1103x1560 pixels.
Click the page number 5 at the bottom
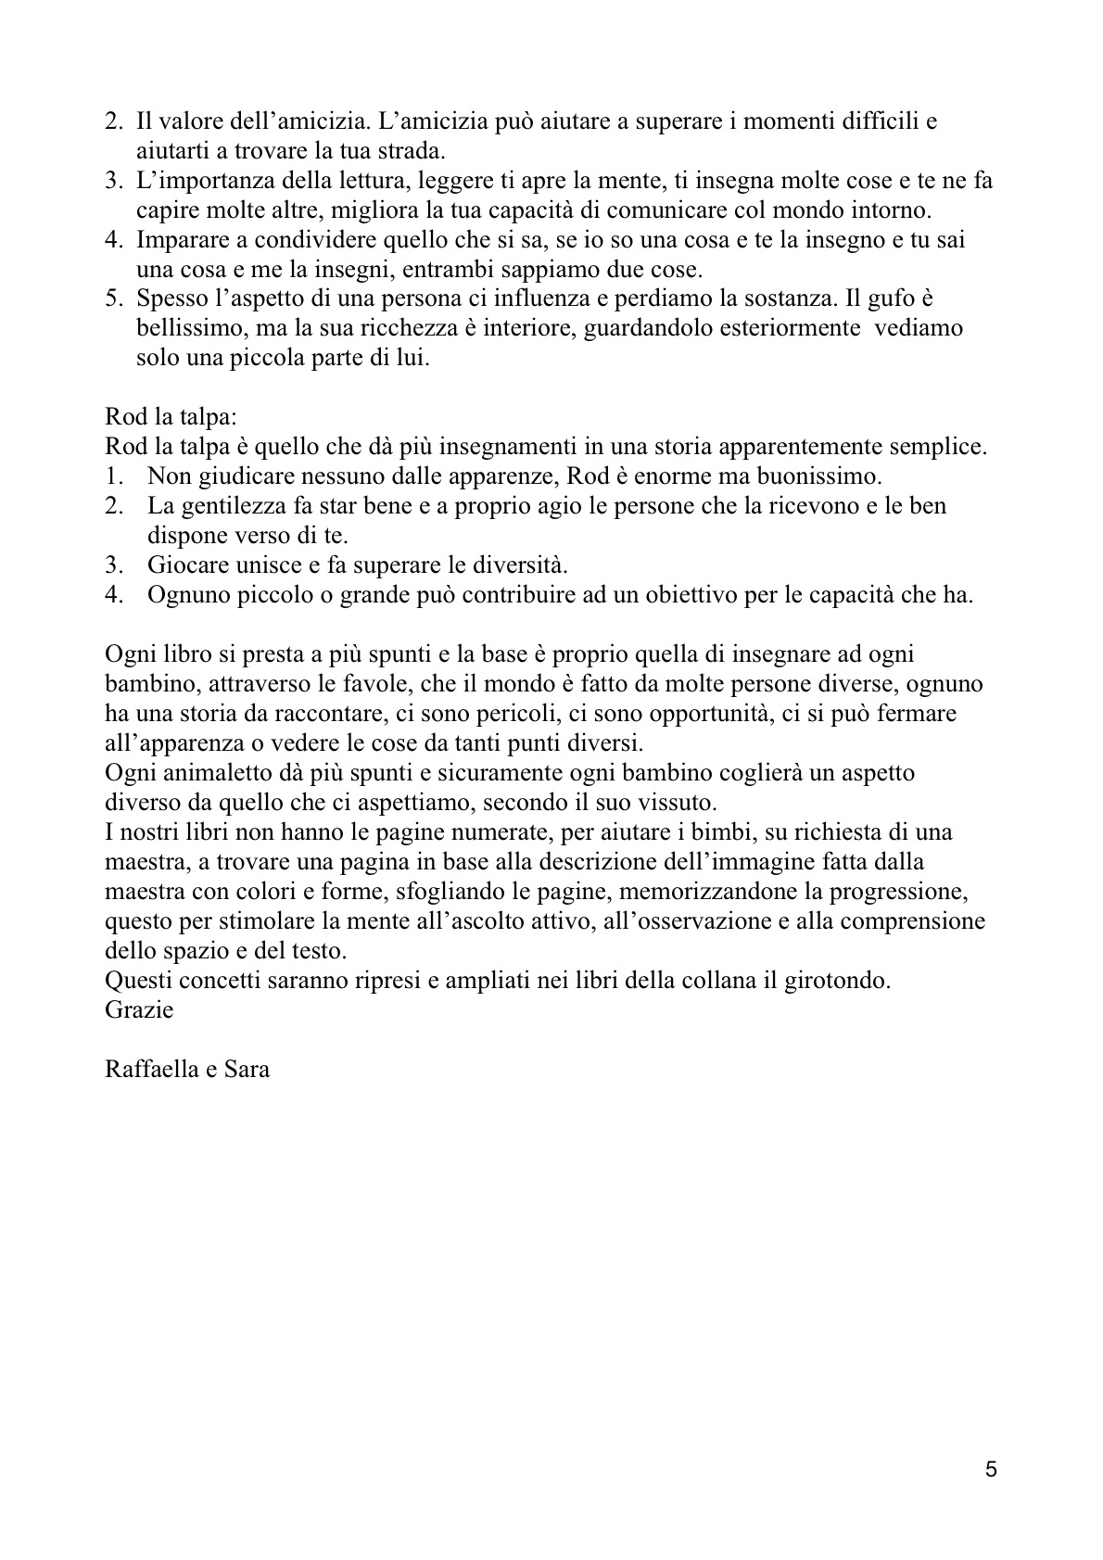click(x=991, y=1470)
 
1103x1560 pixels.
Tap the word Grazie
click(x=139, y=1009)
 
